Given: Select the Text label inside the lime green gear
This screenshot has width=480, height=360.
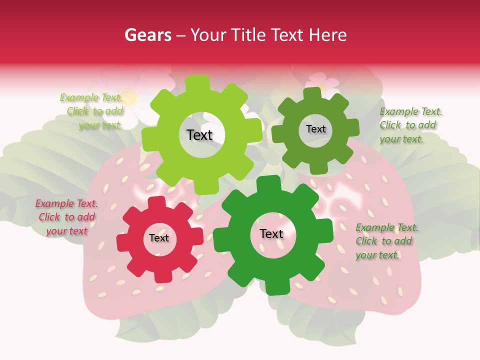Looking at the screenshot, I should tap(199, 135).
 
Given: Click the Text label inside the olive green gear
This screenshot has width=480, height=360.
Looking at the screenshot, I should tap(315, 129).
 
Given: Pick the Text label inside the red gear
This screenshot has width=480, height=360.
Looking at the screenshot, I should tap(159, 238).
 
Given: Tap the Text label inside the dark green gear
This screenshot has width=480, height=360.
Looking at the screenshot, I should tap(271, 234).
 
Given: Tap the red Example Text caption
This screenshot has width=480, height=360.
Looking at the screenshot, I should tap(66, 217).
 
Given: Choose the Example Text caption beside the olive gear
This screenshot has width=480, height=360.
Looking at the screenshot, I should tap(410, 125).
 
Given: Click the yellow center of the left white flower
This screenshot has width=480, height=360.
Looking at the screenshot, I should tap(129, 97).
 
